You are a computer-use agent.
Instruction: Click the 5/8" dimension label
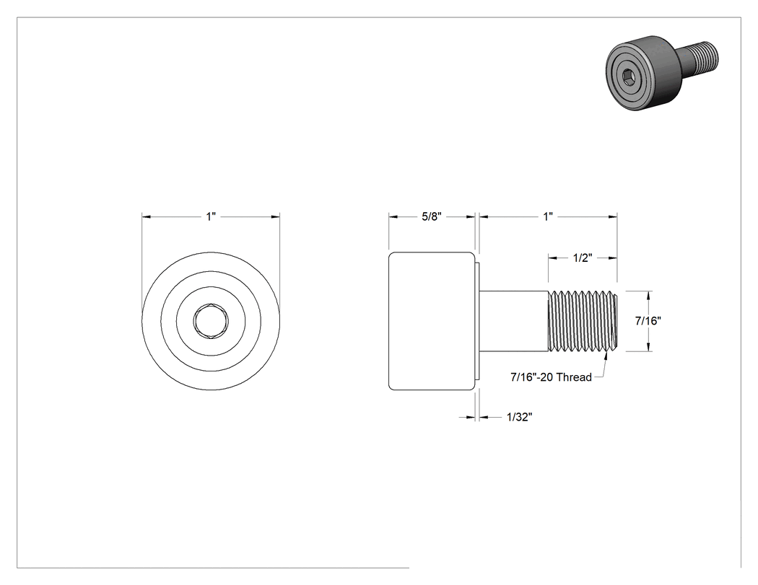[432, 216]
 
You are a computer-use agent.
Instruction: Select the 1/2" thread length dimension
[583, 258]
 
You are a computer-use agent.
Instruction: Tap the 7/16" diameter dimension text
[648, 320]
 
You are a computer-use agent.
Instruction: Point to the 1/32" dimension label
[520, 417]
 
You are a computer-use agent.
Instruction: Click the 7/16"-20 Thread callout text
[551, 377]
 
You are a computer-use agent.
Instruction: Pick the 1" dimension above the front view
[211, 216]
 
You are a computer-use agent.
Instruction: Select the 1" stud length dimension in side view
[548, 216]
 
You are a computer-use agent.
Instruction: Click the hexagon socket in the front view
[211, 320]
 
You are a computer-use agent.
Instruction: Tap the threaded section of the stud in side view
[583, 321]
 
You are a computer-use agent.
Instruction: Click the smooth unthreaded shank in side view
[513, 321]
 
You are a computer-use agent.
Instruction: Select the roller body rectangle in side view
[432, 321]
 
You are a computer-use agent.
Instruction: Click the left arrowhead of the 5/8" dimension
[393, 217]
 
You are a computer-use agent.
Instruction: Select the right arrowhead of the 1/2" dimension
[613, 258]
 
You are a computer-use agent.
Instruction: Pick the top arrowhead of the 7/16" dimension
[648, 295]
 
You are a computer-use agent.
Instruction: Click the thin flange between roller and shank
[477, 321]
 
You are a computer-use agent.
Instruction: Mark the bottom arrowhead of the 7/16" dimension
[648, 347]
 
